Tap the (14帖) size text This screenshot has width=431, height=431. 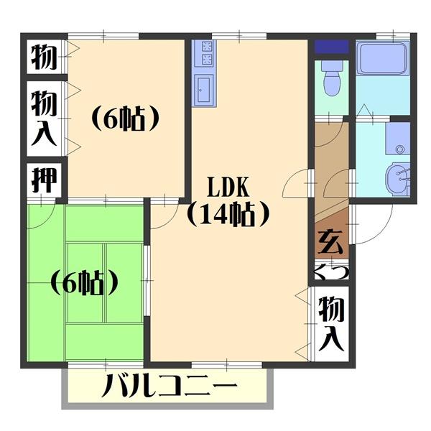(228, 213)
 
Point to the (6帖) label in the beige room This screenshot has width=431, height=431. (124, 119)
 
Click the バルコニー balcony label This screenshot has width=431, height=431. (170, 391)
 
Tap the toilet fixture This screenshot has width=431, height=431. (332, 80)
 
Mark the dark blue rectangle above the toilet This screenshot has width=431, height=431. (332, 47)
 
